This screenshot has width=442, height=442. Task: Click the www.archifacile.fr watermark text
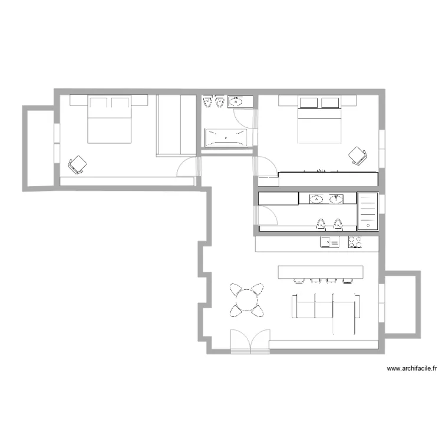pyautogui.click(x=411, y=369)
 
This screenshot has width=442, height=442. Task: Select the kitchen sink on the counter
pyautogui.click(x=329, y=242)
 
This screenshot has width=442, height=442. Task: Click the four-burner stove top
pyautogui.click(x=355, y=242)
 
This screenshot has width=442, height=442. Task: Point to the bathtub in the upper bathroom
pyautogui.click(x=226, y=138)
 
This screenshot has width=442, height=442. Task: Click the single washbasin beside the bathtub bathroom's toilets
pyautogui.click(x=236, y=102)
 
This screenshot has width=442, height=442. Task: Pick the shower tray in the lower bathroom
pyautogui.click(x=367, y=211)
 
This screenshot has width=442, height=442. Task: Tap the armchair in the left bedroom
pyautogui.click(x=78, y=164)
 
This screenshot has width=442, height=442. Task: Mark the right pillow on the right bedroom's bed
pyautogui.click(x=329, y=104)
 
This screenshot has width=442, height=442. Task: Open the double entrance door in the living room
pyautogui.click(x=250, y=342)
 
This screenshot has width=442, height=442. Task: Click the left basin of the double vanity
pyautogui.click(x=317, y=199)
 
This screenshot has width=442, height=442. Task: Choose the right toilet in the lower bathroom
pyautogui.click(x=338, y=223)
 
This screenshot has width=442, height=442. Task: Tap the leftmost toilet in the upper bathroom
pyautogui.click(x=207, y=103)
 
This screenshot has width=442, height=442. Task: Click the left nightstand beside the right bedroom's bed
pyautogui.click(x=286, y=101)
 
